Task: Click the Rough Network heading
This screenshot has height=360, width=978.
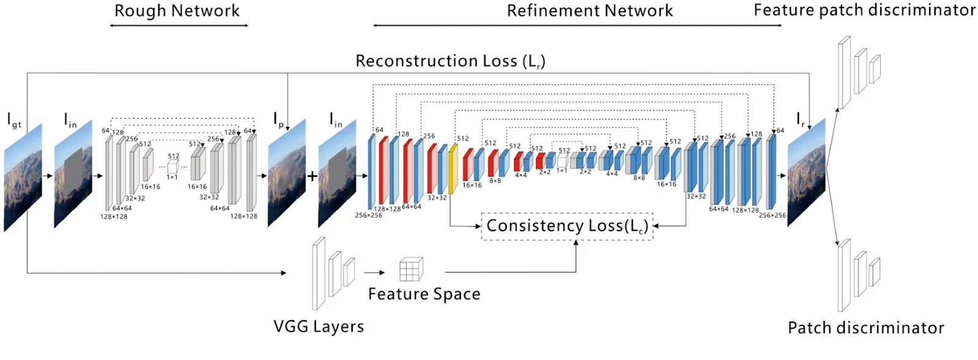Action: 177,11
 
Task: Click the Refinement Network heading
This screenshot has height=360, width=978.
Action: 590,11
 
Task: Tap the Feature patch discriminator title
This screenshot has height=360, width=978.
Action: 864,10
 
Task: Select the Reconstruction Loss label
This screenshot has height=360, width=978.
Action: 450,61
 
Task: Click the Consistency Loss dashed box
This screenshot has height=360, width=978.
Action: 567,226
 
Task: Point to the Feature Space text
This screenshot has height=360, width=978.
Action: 424,294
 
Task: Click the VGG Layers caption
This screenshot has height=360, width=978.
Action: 318,326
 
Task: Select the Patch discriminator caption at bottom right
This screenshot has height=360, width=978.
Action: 866,328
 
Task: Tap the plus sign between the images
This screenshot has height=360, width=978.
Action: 312,176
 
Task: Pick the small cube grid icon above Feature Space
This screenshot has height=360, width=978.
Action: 411,269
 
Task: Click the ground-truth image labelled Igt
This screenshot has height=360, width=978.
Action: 23,177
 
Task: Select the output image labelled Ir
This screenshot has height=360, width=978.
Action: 806,173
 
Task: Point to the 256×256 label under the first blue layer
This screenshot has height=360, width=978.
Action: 369,215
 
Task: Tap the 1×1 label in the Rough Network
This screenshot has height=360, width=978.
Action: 172,177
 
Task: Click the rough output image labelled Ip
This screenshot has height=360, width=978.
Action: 287,174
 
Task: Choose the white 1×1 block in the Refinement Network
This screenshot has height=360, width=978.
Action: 562,161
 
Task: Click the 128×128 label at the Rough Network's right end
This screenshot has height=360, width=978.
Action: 243,216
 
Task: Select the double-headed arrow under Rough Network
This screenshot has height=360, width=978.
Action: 178,26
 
